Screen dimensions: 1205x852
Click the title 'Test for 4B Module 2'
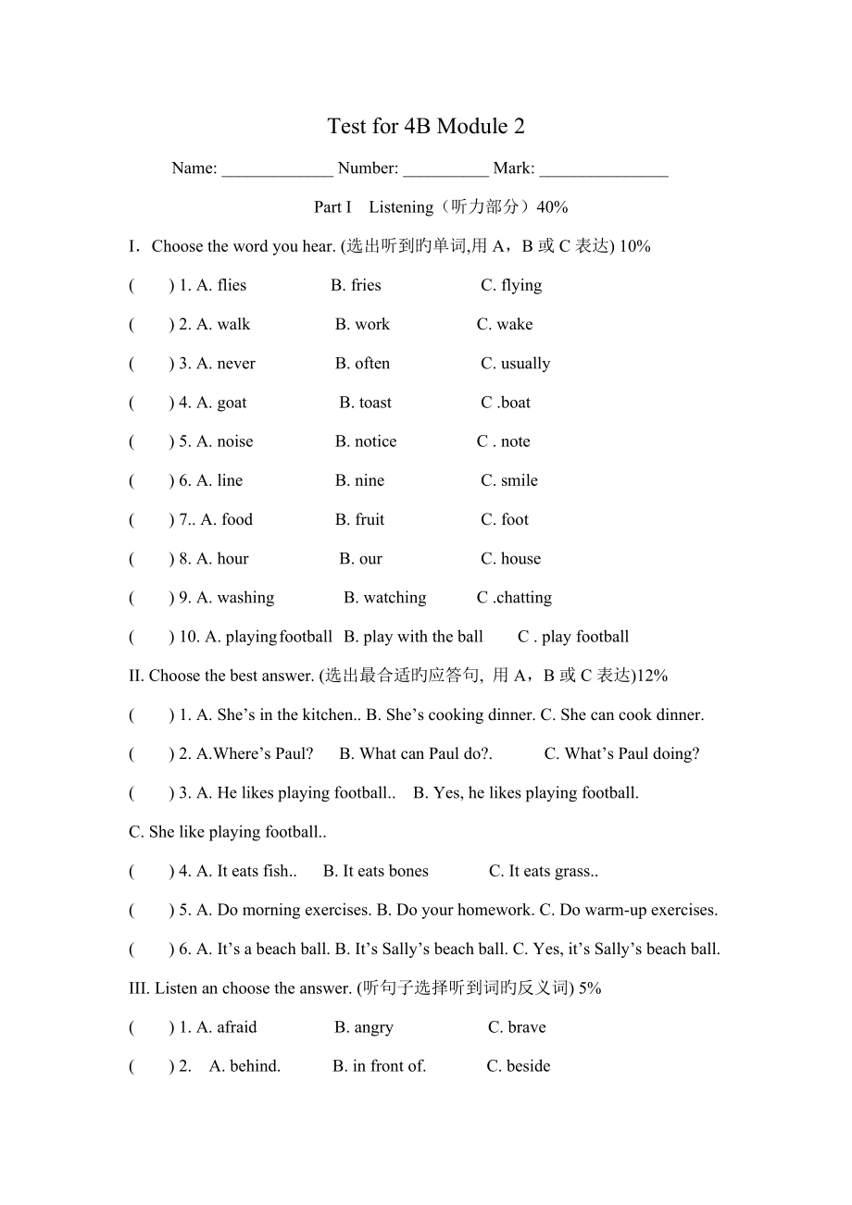[425, 127]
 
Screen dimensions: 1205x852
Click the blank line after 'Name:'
[277, 170]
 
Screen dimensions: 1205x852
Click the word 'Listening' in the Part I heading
[401, 207]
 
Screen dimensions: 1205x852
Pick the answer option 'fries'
[366, 285]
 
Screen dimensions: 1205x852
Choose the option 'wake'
[514, 324]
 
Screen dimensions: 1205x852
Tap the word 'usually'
[525, 364]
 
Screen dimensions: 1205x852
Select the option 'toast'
[375, 403]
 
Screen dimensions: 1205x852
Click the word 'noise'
[234, 441]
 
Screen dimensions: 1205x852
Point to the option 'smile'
[519, 480]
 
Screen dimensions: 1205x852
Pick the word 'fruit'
[370, 519]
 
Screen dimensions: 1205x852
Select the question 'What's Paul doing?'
[632, 753]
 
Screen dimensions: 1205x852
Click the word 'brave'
[527, 1027]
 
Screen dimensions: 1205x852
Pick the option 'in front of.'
[389, 1066]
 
